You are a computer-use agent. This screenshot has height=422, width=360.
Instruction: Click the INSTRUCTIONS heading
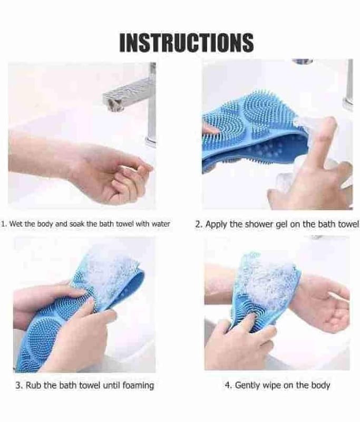[x=186, y=43]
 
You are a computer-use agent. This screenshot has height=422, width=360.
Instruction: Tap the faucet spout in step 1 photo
[x=127, y=95]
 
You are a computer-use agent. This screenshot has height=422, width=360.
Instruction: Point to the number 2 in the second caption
[x=198, y=224]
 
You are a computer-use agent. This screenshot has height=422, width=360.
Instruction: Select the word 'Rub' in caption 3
[x=34, y=386]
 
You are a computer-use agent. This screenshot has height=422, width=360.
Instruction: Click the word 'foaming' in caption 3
[x=138, y=386]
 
